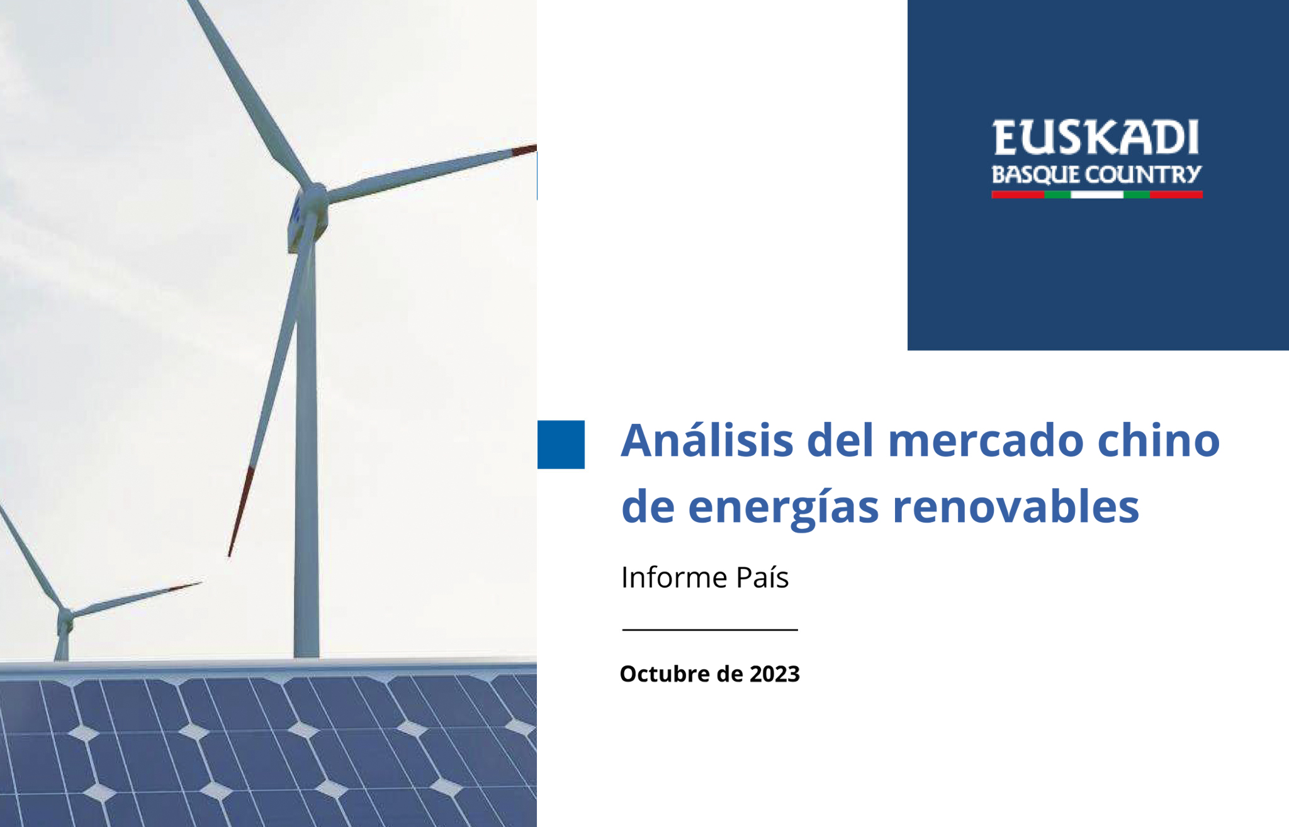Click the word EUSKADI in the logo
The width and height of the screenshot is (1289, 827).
pyautogui.click(x=1096, y=138)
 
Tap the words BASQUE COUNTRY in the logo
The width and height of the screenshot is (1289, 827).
pyautogui.click(x=1096, y=174)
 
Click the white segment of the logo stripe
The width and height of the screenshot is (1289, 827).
pyautogui.click(x=1097, y=195)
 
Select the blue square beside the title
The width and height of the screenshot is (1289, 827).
pyautogui.click(x=561, y=445)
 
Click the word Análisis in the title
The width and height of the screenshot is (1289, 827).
pyautogui.click(x=707, y=440)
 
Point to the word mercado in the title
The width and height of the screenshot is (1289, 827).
pyautogui.click(x=986, y=441)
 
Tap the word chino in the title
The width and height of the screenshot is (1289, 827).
pyautogui.click(x=1159, y=440)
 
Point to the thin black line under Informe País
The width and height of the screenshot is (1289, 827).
pyautogui.click(x=710, y=629)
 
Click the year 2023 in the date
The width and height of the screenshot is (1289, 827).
pyautogui.click(x=775, y=674)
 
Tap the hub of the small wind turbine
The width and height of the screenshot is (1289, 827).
pyautogui.click(x=65, y=614)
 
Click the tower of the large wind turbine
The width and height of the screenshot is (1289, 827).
pyautogui.click(x=307, y=440)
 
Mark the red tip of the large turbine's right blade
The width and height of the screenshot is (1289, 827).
pyautogui.click(x=524, y=150)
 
